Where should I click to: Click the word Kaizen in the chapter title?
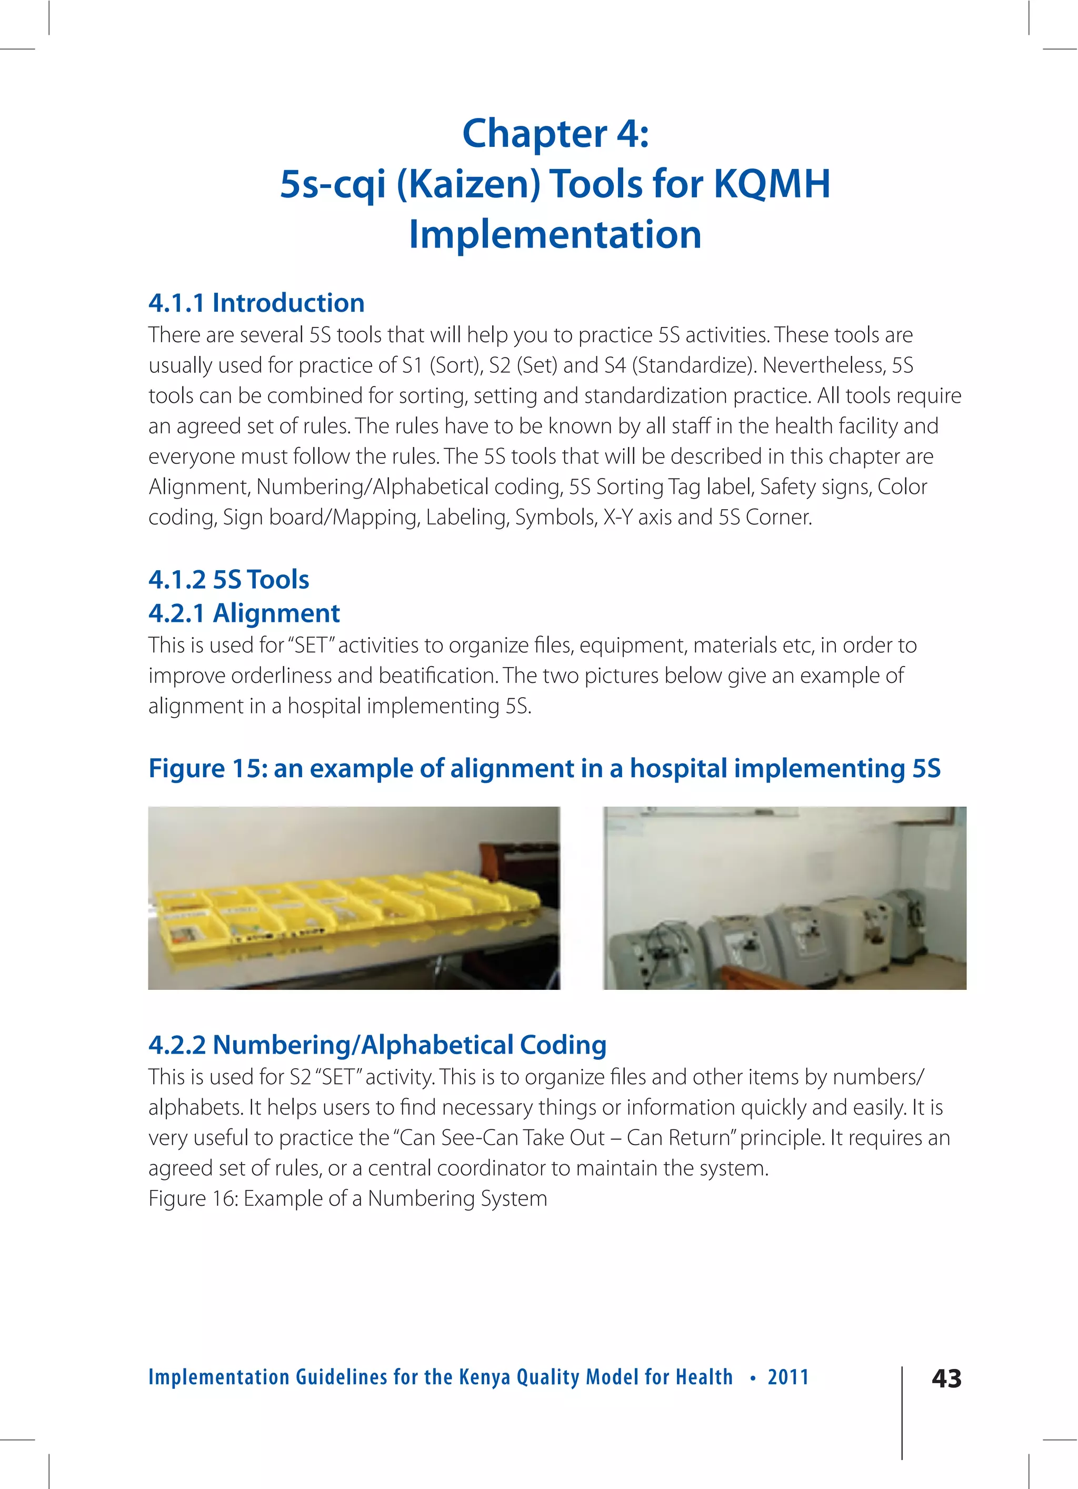click(468, 184)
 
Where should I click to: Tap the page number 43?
click(946, 1378)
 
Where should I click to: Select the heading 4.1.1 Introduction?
click(256, 303)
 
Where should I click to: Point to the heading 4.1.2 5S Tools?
click(228, 579)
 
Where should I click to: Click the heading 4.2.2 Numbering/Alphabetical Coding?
click(377, 1045)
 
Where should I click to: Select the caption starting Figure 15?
click(544, 768)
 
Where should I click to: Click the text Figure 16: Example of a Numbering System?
click(347, 1198)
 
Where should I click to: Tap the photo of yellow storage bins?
click(354, 898)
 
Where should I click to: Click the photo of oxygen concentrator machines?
click(784, 898)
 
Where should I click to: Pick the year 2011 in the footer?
click(788, 1377)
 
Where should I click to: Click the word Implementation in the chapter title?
click(555, 234)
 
